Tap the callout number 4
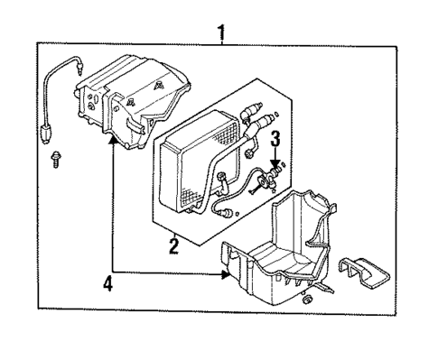[x=108, y=284]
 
